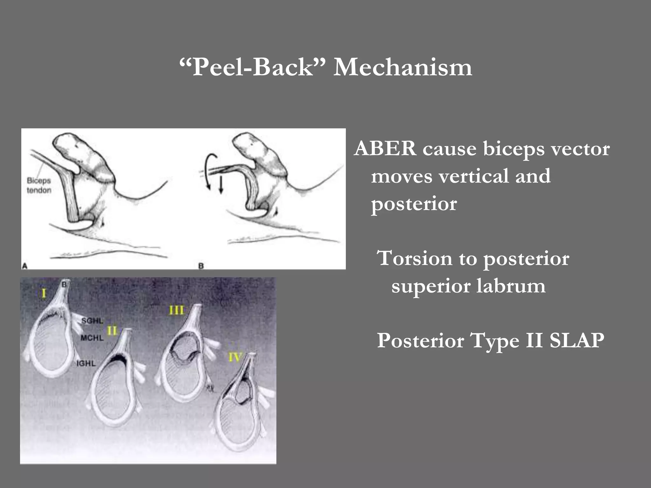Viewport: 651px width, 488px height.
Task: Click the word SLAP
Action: pyautogui.click(x=577, y=341)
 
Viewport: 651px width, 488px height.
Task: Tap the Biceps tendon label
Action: pyautogui.click(x=39, y=185)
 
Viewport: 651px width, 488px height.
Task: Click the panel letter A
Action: pyautogui.click(x=24, y=266)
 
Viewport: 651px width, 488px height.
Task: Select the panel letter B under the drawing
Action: pyautogui.click(x=201, y=266)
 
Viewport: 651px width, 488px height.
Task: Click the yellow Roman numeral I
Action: pyautogui.click(x=44, y=293)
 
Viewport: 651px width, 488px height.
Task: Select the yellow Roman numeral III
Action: pyautogui.click(x=176, y=310)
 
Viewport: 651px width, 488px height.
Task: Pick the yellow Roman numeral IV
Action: pyautogui.click(x=236, y=357)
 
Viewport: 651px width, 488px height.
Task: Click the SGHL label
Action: pyautogui.click(x=92, y=321)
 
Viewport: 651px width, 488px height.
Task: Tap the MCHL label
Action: pyautogui.click(x=92, y=338)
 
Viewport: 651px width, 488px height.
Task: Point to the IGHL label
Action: pyautogui.click(x=86, y=363)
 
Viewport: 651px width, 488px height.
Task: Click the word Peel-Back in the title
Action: pyautogui.click(x=253, y=67)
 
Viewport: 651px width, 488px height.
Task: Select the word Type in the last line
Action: pyautogui.click(x=495, y=341)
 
